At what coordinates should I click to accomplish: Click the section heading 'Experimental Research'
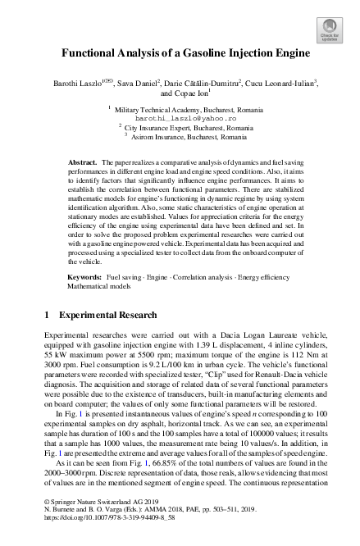[x=108, y=314]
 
